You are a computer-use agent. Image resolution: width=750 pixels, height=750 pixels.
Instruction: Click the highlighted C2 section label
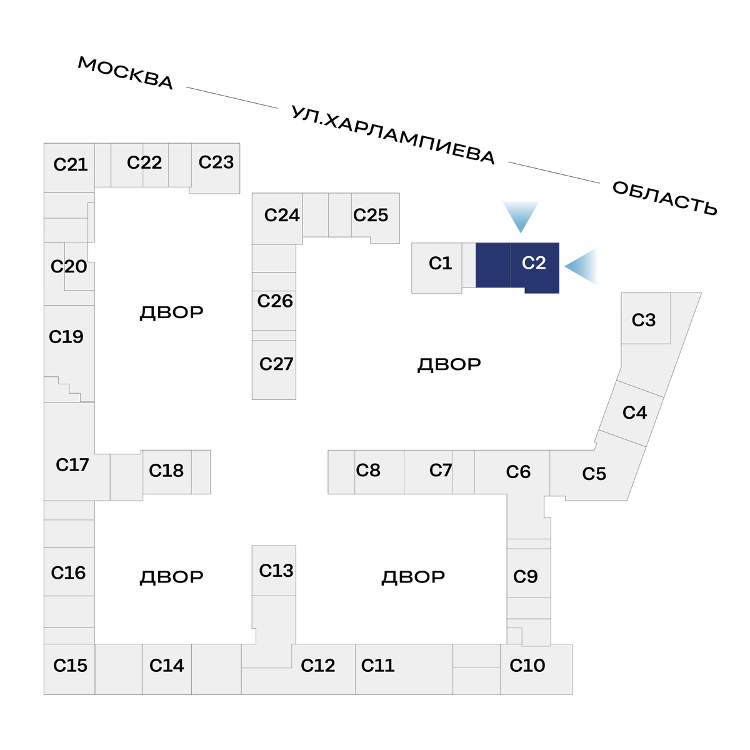click(534, 263)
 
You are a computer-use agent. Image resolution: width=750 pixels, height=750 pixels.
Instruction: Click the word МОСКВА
click(126, 73)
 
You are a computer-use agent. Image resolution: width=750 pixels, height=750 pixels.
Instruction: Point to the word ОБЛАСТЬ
click(664, 198)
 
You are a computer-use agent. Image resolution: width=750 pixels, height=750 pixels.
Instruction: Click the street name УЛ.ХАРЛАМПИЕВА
click(393, 136)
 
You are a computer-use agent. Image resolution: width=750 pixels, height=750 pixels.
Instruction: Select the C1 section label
click(440, 263)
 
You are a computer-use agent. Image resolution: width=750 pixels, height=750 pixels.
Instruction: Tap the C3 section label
click(643, 320)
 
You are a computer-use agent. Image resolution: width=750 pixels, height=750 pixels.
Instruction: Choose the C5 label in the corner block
click(594, 474)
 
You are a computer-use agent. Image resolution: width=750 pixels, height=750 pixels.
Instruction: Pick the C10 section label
click(527, 666)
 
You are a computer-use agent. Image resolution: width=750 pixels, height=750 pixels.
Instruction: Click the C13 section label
click(276, 571)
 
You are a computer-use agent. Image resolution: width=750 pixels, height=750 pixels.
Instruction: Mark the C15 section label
click(70, 666)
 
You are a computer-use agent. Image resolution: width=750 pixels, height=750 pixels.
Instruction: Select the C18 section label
click(166, 470)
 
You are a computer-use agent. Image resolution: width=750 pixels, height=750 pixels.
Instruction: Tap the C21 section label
click(70, 164)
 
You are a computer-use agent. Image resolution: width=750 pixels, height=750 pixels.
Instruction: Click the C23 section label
click(216, 162)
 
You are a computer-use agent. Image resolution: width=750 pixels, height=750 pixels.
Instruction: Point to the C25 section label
click(371, 215)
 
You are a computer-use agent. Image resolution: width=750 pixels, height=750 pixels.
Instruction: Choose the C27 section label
click(276, 364)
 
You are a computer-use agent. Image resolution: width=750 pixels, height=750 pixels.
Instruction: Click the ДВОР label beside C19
click(171, 312)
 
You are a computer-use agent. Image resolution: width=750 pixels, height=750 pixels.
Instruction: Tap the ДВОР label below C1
click(449, 364)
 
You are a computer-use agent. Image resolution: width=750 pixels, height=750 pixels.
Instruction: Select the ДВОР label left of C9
click(413, 576)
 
